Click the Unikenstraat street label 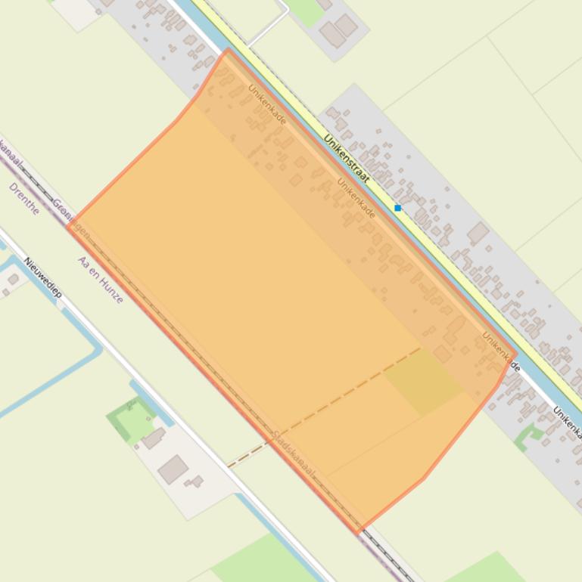[346, 159]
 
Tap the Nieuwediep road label [42, 277]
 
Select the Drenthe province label [24, 198]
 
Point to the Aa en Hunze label [100, 280]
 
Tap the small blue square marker [397, 208]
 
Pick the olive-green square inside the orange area [423, 382]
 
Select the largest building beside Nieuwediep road [173, 469]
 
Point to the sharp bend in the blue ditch [98, 349]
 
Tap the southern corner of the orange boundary [358, 531]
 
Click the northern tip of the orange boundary [227, 51]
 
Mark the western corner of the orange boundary [68, 225]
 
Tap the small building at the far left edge [13, 280]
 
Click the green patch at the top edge [304, 9]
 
